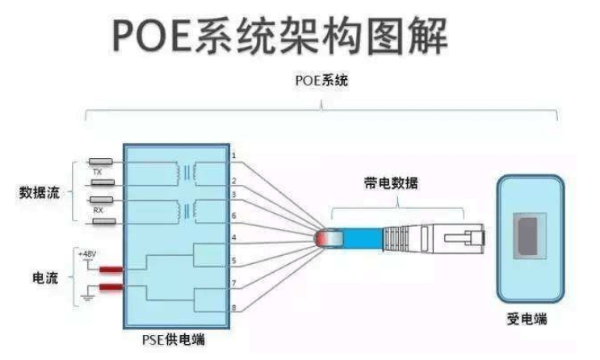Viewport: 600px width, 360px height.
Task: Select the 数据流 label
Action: click(x=45, y=193)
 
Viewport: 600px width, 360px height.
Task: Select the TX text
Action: click(x=97, y=172)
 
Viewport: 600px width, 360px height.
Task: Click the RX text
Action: click(x=97, y=209)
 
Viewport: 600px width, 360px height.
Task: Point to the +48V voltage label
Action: click(x=87, y=253)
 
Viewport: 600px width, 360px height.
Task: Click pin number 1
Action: click(x=233, y=154)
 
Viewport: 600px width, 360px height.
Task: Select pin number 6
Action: click(x=233, y=216)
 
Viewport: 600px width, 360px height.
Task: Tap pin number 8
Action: click(x=233, y=307)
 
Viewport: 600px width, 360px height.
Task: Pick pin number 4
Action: click(x=233, y=237)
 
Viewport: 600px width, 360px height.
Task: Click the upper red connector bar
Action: click(x=111, y=269)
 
